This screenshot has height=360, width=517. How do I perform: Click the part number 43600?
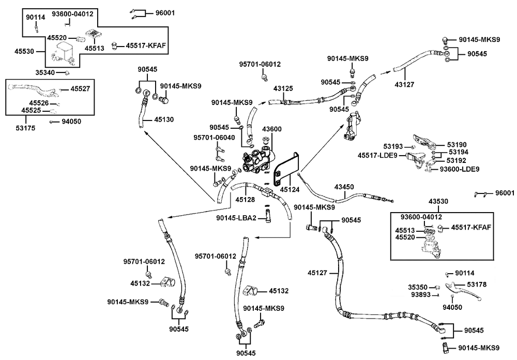271,129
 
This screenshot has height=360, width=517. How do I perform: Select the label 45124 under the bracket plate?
290,190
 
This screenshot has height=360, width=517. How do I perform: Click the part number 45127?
317,272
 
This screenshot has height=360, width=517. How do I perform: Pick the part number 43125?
283,88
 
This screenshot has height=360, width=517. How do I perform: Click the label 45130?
163,119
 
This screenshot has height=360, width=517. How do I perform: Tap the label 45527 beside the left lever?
80,89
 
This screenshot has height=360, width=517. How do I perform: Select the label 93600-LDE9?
460,169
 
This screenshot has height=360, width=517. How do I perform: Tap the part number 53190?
458,145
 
